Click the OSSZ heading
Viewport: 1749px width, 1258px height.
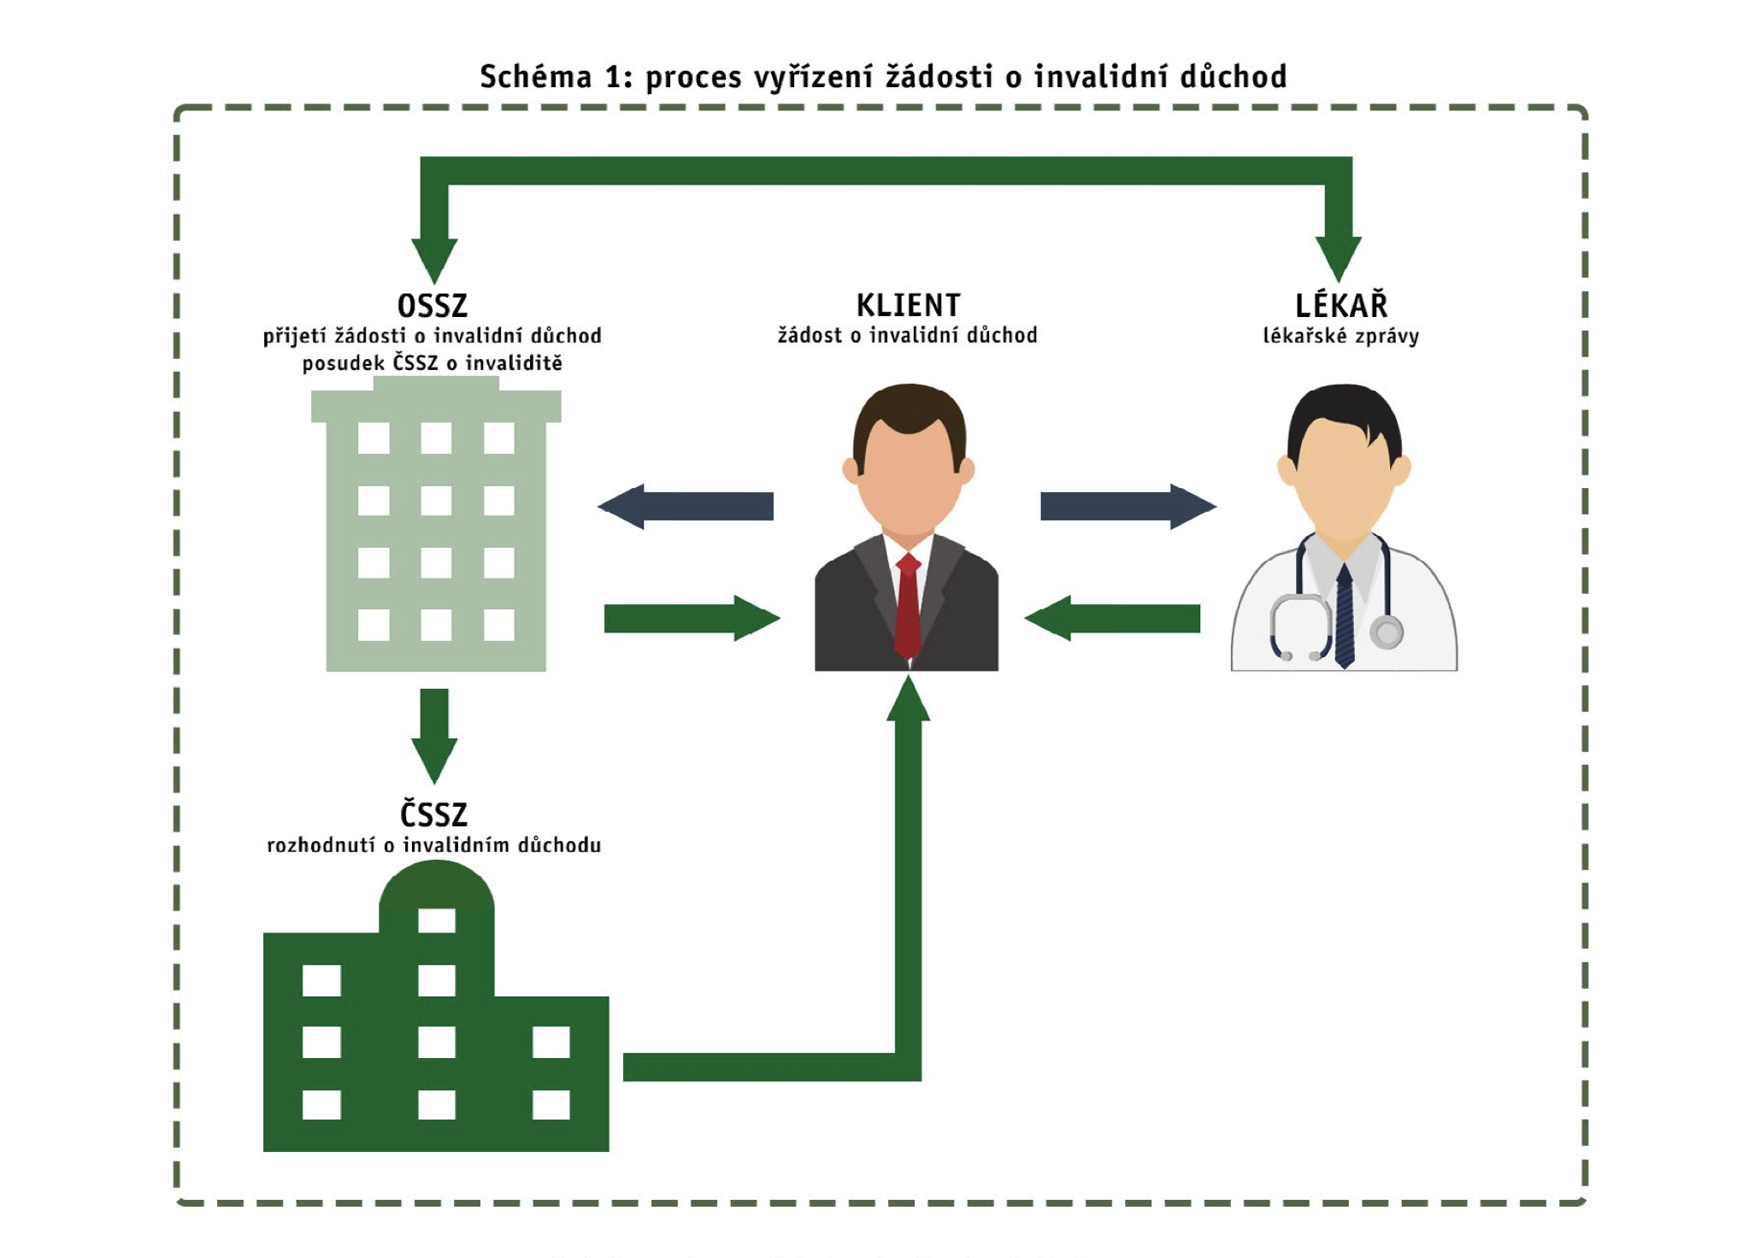pyautogui.click(x=433, y=305)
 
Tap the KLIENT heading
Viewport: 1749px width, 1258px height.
pyautogui.click(x=908, y=305)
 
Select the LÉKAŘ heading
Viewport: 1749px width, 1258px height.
pyautogui.click(x=1340, y=305)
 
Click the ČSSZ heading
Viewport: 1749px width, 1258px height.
pyautogui.click(x=433, y=814)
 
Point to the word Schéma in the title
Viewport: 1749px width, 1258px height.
pyautogui.click(x=535, y=77)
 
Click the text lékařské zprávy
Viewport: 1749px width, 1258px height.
pyautogui.click(x=1340, y=336)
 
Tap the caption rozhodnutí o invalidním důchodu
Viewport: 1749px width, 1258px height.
pyautogui.click(x=433, y=845)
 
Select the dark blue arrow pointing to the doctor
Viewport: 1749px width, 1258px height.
pyautogui.click(x=1127, y=507)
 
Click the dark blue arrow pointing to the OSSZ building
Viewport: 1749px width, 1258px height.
pyautogui.click(x=686, y=507)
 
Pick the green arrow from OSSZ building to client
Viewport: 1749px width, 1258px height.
pyautogui.click(x=691, y=618)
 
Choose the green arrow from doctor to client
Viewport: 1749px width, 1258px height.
pyautogui.click(x=1113, y=618)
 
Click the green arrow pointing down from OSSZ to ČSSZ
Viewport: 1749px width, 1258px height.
pyautogui.click(x=434, y=735)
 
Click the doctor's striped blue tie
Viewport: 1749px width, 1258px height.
pyautogui.click(x=1345, y=615)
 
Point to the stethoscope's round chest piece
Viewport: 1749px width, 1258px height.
pyautogui.click(x=1386, y=632)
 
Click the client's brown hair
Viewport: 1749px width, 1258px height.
pyautogui.click(x=909, y=410)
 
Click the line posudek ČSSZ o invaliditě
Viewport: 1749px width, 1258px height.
pyautogui.click(x=433, y=363)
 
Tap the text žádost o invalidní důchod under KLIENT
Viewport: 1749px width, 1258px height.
pyautogui.click(x=908, y=335)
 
